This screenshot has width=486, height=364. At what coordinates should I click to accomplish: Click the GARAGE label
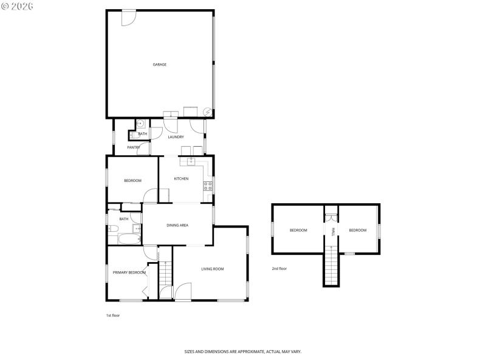tap(160, 64)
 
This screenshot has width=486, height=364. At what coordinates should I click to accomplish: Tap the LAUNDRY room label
tap(176, 137)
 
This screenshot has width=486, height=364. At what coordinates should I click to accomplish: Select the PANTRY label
tap(134, 147)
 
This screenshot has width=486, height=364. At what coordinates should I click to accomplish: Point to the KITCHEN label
tap(181, 179)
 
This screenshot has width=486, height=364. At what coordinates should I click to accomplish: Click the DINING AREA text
tap(177, 225)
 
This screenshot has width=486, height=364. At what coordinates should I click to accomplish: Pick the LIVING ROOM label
tap(213, 269)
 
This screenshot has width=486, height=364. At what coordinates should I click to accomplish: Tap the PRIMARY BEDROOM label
tap(129, 272)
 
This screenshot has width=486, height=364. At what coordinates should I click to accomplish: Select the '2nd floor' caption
tap(279, 268)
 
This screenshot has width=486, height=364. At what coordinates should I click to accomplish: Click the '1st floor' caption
tap(113, 315)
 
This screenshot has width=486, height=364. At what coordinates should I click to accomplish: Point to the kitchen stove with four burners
tap(208, 186)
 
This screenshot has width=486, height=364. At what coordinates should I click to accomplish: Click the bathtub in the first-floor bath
tap(128, 239)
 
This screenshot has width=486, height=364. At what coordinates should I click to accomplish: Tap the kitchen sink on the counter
tap(191, 161)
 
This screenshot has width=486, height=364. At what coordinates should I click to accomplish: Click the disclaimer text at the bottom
tap(243, 351)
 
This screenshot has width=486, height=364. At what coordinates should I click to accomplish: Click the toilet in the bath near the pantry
tap(139, 123)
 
